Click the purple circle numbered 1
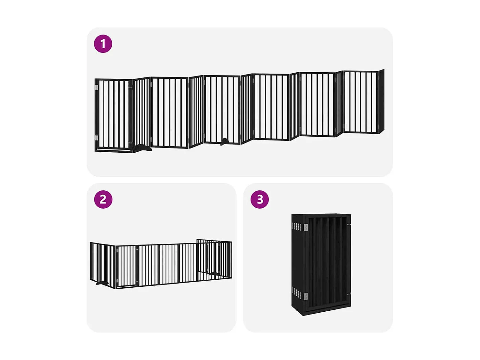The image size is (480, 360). click(x=103, y=44)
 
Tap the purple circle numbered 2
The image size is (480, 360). click(x=103, y=199)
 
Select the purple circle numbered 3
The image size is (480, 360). click(x=260, y=199)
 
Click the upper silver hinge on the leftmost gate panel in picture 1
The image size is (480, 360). click(x=97, y=87)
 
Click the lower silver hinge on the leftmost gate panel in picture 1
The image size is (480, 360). click(x=97, y=138)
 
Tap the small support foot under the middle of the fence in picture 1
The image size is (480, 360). click(x=225, y=141)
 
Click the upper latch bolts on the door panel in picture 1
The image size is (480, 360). click(x=130, y=87)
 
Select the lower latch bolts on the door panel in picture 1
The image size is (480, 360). click(x=130, y=143)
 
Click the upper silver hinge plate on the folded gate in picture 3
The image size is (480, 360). click(x=306, y=227)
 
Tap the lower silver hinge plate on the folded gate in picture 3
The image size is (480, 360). click(x=306, y=296)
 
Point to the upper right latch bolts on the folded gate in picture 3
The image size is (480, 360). click(x=349, y=225)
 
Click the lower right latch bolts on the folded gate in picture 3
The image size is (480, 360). click(x=349, y=294)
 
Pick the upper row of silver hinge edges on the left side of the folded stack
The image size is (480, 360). click(x=297, y=227)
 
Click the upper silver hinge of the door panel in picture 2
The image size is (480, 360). click(x=117, y=251)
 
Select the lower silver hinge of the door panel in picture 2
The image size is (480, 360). click(x=117, y=281)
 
